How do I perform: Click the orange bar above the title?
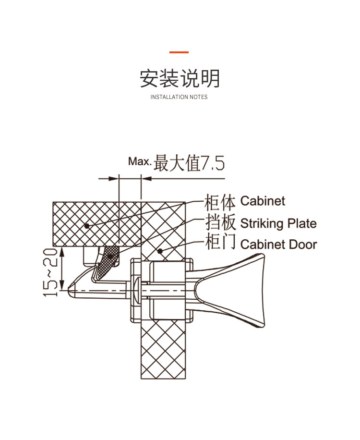tap(179, 52)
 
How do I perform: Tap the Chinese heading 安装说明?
tap(180, 78)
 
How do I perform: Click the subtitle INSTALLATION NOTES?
tap(179, 97)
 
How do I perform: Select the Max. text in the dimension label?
tap(140, 161)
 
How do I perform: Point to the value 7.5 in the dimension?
tap(213, 163)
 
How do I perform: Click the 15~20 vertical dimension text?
tap(50, 272)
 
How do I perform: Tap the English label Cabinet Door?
tap(278, 244)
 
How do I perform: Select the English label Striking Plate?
tap(278, 224)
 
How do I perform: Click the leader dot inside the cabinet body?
tap(87, 226)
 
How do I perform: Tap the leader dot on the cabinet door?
tap(160, 251)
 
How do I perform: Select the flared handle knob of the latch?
tap(230, 291)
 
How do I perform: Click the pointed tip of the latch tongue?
tap(69, 290)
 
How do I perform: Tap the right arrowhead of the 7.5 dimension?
tap(146, 179)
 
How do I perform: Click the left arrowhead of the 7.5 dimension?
tap(114, 179)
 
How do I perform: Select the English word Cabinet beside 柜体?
tap(263, 201)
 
